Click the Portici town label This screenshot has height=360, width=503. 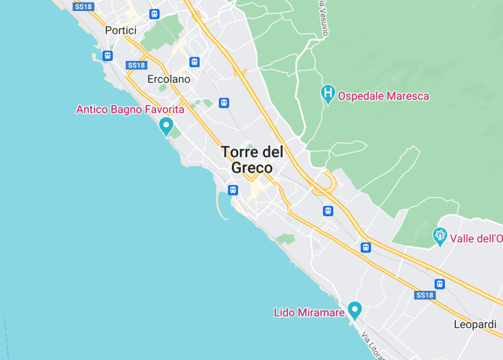tap(121, 30)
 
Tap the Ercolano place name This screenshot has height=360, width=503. tap(168, 79)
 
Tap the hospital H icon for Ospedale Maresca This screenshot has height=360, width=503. tap(328, 93)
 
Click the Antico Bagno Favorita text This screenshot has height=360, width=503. tap(130, 110)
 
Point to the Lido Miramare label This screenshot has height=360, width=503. tap(309, 312)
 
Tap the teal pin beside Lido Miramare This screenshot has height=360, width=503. tap(354, 310)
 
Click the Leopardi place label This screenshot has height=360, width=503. tap(475, 324)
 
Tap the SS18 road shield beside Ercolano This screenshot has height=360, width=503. tap(137, 65)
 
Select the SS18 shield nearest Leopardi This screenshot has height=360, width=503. tap(424, 295)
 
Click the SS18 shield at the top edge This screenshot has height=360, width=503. tap(82, 6)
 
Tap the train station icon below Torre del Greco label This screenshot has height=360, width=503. tap(233, 190)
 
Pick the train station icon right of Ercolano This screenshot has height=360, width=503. tap(194, 62)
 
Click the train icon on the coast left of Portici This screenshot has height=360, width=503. tap(107, 55)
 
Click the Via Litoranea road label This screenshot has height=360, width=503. tap(374, 346)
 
